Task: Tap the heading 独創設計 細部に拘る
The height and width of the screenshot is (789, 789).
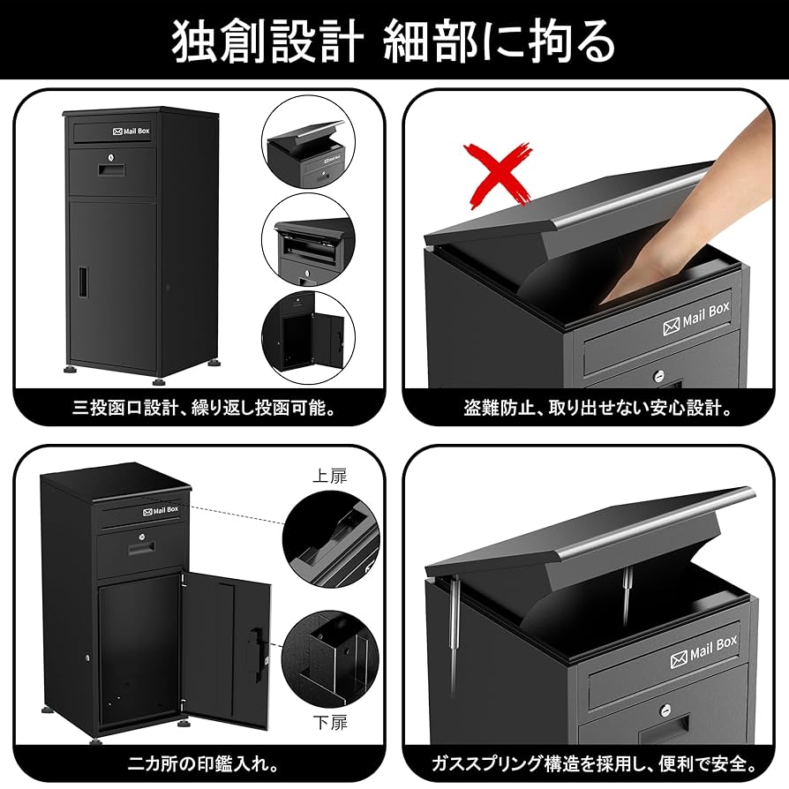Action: (394, 41)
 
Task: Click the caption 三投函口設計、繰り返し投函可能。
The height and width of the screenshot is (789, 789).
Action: (205, 408)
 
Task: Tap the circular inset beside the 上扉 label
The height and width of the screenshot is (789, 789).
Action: (329, 539)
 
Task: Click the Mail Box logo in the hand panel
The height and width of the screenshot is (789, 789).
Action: (693, 317)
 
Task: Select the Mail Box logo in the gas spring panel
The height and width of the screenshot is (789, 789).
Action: (703, 650)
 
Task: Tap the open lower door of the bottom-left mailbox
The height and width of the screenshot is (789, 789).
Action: (226, 648)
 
